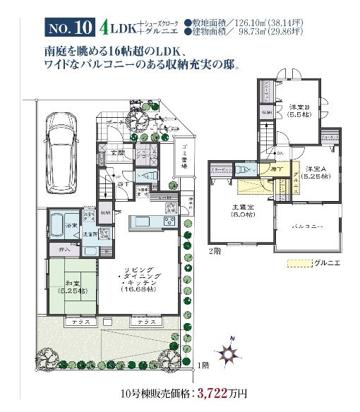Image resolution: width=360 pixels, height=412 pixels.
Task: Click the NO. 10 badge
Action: [71, 29]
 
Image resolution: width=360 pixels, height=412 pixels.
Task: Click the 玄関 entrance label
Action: [116, 152]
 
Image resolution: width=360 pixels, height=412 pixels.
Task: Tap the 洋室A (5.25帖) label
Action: [317, 172]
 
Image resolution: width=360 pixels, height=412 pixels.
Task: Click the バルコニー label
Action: [308, 226]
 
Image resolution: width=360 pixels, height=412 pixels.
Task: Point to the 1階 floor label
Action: [203, 365]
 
